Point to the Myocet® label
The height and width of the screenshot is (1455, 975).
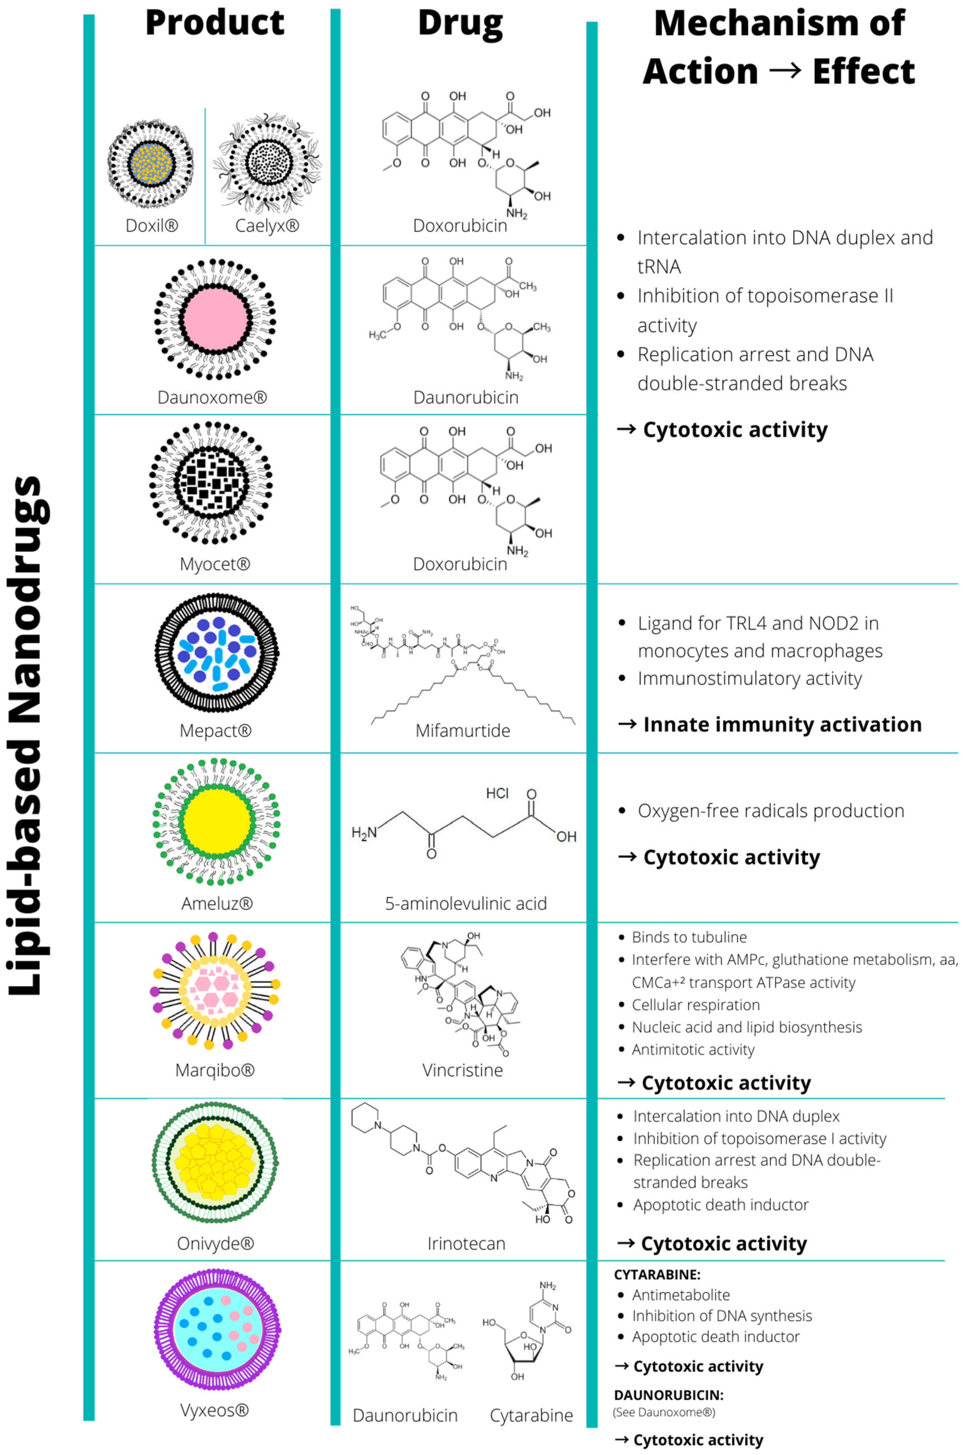pos(215,564)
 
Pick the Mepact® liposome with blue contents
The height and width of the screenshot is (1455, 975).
pos(216,653)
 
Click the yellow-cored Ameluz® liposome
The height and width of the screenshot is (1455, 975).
pos(216,821)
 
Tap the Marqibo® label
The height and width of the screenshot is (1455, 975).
pos(215,1070)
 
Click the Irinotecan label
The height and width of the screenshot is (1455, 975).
pos(466,1243)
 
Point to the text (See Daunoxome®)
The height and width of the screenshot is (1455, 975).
pos(664,1412)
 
